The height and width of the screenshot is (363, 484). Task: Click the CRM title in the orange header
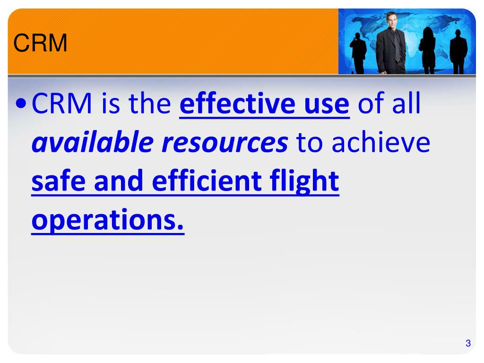[40, 44]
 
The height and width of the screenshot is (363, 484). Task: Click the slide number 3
[468, 344]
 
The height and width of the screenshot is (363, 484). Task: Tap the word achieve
[381, 143]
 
